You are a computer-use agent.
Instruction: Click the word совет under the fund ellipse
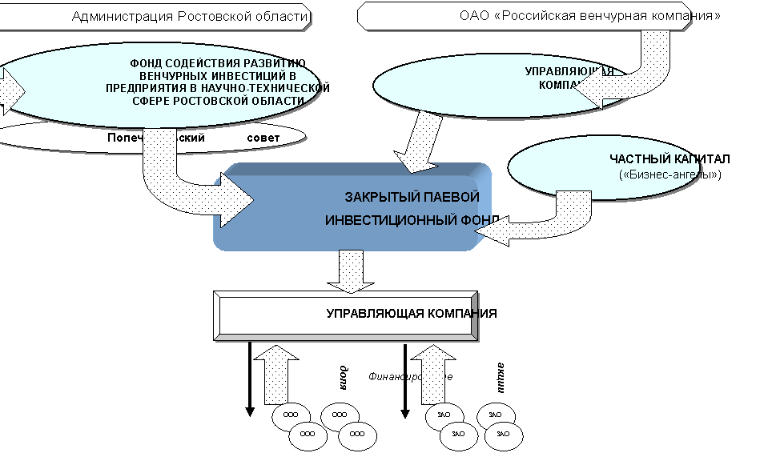[x=264, y=138]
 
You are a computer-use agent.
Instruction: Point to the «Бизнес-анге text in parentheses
[x=660, y=174]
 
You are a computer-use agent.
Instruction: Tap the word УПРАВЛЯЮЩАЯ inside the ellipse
[x=569, y=71]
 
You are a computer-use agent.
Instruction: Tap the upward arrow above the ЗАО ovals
[x=433, y=372]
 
